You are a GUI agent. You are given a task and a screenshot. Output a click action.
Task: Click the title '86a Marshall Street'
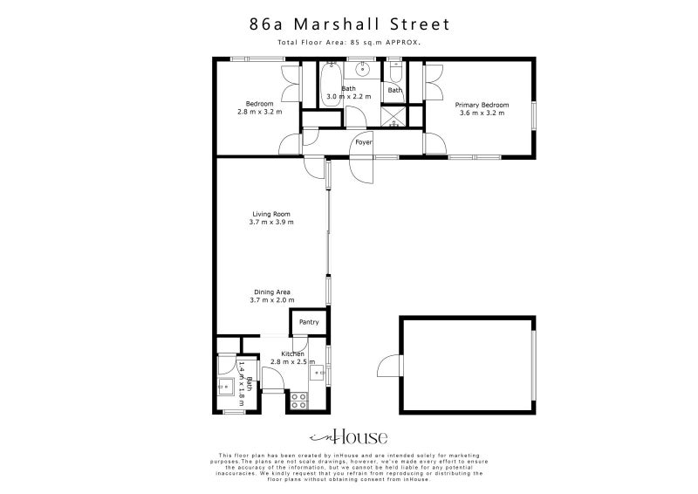[x=348, y=24]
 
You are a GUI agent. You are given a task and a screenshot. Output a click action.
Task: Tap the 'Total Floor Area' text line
[x=348, y=42]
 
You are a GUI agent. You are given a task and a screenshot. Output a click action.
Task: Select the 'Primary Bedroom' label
[x=481, y=105]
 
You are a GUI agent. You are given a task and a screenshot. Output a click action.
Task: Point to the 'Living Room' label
[x=270, y=214]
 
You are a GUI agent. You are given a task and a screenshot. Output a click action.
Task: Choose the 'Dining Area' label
[x=271, y=292]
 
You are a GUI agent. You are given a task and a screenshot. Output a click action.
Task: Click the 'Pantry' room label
[x=309, y=322]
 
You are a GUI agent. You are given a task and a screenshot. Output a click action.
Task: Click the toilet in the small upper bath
[x=395, y=72]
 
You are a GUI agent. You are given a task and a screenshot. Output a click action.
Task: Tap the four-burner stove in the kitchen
[x=298, y=401]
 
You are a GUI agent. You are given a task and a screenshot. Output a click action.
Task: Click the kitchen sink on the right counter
[x=319, y=374]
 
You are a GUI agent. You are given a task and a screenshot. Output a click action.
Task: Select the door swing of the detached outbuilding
[x=385, y=367]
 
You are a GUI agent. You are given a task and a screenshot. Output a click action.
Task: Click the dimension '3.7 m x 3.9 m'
[x=270, y=222]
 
